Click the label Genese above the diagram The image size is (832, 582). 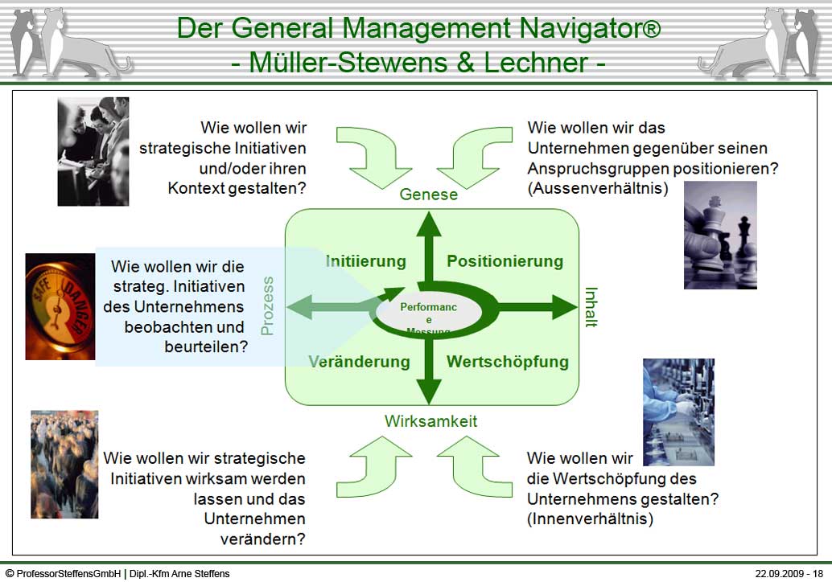pyautogui.click(x=428, y=195)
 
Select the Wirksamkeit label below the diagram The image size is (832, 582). pyautogui.click(x=430, y=421)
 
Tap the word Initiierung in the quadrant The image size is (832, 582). pyautogui.click(x=365, y=261)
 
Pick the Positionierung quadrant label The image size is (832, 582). pyautogui.click(x=505, y=261)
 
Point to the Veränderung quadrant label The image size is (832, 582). pyautogui.click(x=359, y=362)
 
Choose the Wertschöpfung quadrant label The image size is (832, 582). pyautogui.click(x=507, y=362)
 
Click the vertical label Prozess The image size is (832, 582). pyautogui.click(x=268, y=305)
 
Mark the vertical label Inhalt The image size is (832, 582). pyautogui.click(x=591, y=307)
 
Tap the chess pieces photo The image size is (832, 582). pyautogui.click(x=720, y=235)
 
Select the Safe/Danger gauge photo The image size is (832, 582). pyautogui.click(x=60, y=306)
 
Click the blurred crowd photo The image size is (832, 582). pyautogui.click(x=64, y=464)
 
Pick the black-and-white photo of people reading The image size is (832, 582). pyautogui.click(x=93, y=151)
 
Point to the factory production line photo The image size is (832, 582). pyautogui.click(x=678, y=412)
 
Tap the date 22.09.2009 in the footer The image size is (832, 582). pyautogui.click(x=781, y=574)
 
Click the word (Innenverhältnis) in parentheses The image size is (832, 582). pyautogui.click(x=590, y=519)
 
